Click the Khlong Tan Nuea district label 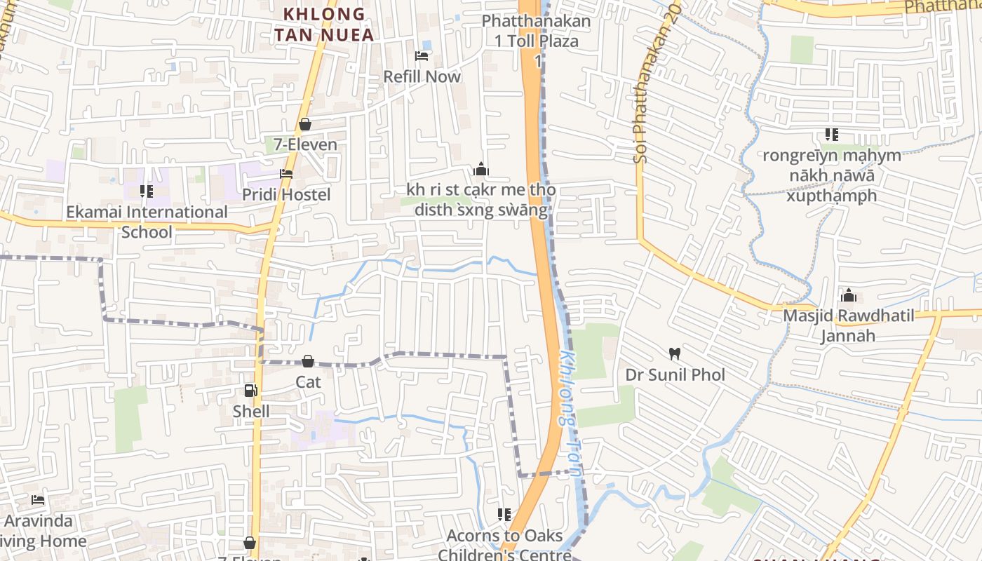pyautogui.click(x=323, y=24)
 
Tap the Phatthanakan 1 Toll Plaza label pyautogui.click(x=537, y=31)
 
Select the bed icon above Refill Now pyautogui.click(x=422, y=55)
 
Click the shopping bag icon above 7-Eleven pyautogui.click(x=305, y=124)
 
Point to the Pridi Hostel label pyautogui.click(x=285, y=194)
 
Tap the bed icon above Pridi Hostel pyautogui.click(x=285, y=173)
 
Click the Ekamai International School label pyautogui.click(x=147, y=222)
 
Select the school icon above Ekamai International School pyautogui.click(x=147, y=191)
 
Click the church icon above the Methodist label pyautogui.click(x=480, y=169)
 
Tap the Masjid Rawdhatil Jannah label pyautogui.click(x=849, y=325)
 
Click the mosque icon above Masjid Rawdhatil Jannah pyautogui.click(x=849, y=295)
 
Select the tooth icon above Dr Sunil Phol pyautogui.click(x=675, y=354)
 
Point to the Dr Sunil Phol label pyautogui.click(x=675, y=374)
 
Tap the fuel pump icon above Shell pyautogui.click(x=250, y=391)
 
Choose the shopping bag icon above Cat pyautogui.click(x=307, y=361)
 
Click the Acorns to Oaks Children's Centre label pyautogui.click(x=504, y=545)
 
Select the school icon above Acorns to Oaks pyautogui.click(x=504, y=515)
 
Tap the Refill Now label pyautogui.click(x=422, y=76)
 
